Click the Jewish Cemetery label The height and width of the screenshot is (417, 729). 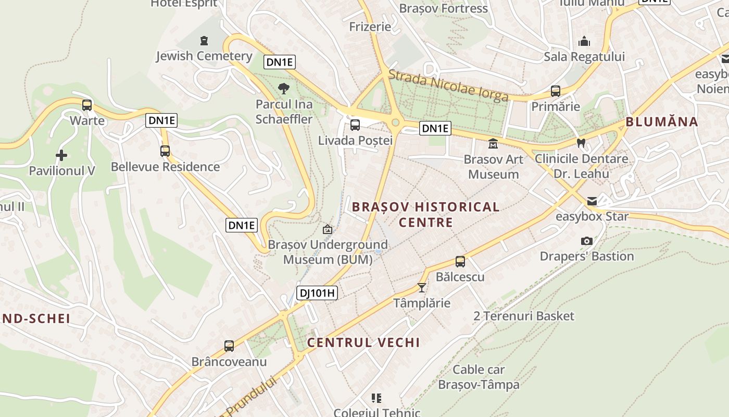click(204, 56)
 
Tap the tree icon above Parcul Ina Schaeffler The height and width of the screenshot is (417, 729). click(284, 88)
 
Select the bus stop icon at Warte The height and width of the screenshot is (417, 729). click(87, 105)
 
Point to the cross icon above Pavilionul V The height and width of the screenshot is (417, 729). click(61, 155)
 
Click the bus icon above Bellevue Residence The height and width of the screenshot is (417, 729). click(165, 151)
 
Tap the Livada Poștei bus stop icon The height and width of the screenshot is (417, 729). click(355, 125)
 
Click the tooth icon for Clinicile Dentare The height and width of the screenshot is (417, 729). click(581, 143)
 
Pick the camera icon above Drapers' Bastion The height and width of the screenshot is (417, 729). click(586, 241)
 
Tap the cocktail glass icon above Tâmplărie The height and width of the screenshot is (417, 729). click(422, 287)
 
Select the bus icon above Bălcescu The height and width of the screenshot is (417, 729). click(460, 262)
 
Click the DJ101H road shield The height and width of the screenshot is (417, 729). click(317, 293)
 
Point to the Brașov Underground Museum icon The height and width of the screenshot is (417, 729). click(328, 229)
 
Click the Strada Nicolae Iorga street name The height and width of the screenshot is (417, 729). click(448, 85)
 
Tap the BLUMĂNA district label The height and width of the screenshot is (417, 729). click(661, 122)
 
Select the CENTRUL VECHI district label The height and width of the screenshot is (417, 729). click(363, 342)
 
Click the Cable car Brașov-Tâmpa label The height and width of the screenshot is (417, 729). click(479, 377)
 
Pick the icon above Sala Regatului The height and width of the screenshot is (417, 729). click(584, 41)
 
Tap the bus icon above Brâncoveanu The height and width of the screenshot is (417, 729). click(229, 346)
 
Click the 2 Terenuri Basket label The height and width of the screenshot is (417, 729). click(524, 316)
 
